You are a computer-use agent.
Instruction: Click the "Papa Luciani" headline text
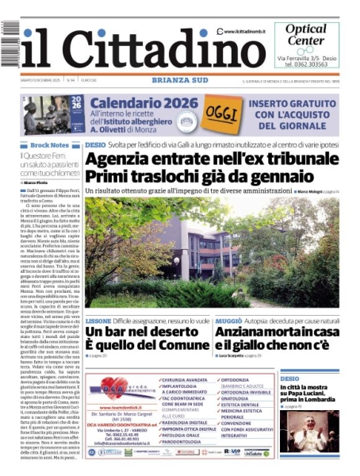click(307, 396)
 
